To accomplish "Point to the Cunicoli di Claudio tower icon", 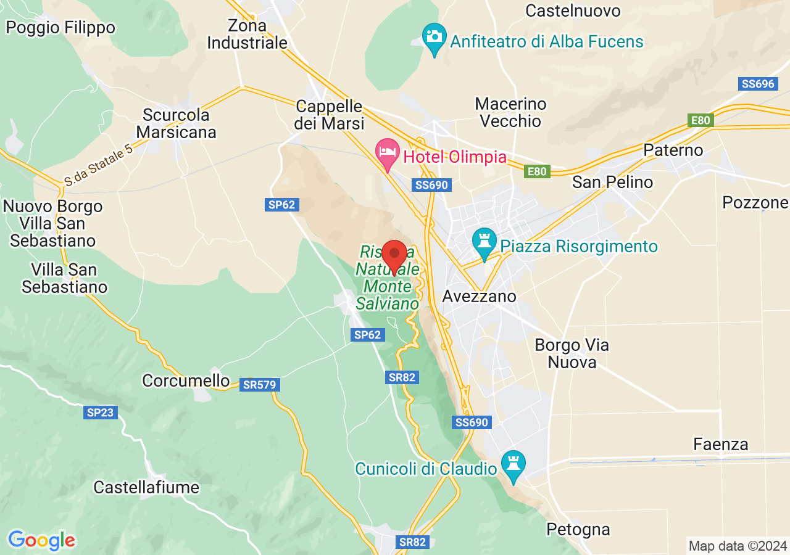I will click(x=513, y=465).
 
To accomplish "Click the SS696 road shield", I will click(x=757, y=84).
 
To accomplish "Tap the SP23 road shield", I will click(x=100, y=412).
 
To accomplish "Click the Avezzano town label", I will click(x=479, y=297).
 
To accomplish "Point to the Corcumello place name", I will click(x=186, y=380).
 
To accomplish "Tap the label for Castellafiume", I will click(x=146, y=487).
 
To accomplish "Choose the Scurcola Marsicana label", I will click(x=177, y=123).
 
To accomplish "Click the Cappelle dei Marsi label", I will click(x=329, y=114).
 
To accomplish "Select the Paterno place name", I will click(x=673, y=150).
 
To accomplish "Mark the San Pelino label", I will click(x=612, y=182).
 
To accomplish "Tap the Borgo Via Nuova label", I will click(x=572, y=353).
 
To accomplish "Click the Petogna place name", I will click(x=578, y=529).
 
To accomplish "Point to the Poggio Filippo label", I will click(x=60, y=28).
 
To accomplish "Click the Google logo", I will click(x=41, y=541).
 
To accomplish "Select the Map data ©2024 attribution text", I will click(x=738, y=546).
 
